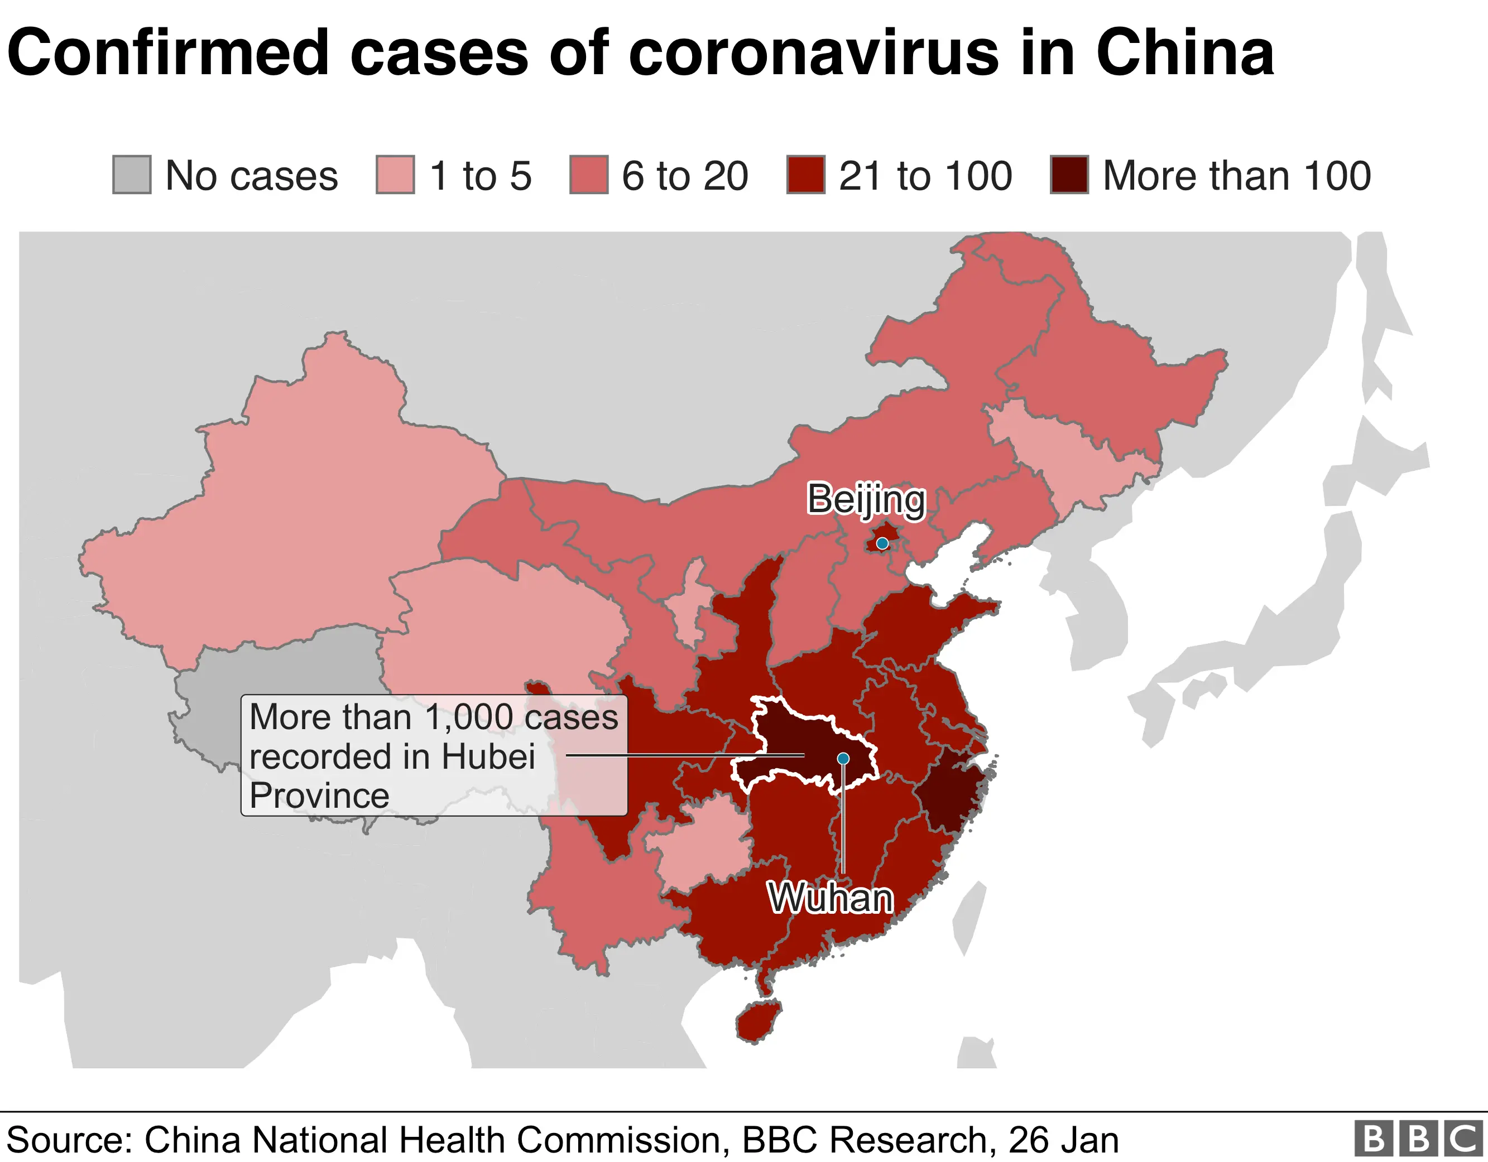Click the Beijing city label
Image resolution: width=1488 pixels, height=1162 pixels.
(866, 499)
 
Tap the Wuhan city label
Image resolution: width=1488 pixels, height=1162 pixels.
(831, 898)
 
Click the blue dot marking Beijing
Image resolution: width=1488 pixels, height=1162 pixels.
(882, 543)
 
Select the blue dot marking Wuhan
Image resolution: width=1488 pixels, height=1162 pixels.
(843, 758)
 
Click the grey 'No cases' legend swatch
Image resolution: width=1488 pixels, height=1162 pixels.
(132, 175)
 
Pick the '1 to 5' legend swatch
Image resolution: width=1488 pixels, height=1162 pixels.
(395, 175)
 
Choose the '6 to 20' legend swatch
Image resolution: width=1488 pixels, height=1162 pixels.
(589, 175)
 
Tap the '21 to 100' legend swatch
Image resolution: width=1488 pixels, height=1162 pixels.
(805, 175)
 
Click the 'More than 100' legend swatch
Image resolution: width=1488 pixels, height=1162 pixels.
(1069, 175)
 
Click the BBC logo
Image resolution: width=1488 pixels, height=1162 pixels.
(1418, 1139)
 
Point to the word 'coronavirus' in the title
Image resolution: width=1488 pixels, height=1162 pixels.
(814, 52)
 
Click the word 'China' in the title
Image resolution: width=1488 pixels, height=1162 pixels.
(1184, 52)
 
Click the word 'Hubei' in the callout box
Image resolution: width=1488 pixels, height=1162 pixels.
(488, 757)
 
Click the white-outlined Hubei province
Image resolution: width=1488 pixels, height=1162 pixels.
(790, 742)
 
